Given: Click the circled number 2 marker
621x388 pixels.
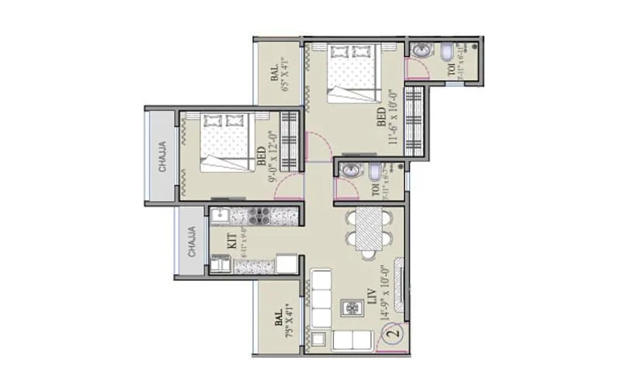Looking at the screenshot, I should coord(393,335).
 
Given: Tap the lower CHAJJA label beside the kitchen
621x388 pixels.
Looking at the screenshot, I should coord(191,241).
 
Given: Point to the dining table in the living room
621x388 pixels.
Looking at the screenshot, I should coord(369,231).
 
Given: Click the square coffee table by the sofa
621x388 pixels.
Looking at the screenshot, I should coord(352,309).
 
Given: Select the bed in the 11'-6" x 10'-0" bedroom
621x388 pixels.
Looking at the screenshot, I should coord(354,72).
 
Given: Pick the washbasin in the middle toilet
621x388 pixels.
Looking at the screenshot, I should coord(349,172).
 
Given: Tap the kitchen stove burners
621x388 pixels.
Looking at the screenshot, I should coord(259,213).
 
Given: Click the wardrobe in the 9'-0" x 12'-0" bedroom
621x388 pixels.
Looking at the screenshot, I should coord(290,141).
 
